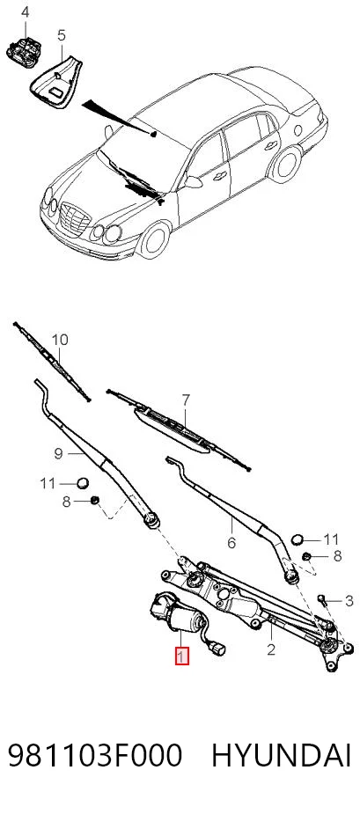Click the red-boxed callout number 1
point(181,656)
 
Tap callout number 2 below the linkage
point(270,649)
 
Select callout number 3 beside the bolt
point(349,601)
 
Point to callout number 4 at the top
point(25,12)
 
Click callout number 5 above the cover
point(62,36)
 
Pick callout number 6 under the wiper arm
point(231,543)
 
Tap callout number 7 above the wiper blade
point(186,400)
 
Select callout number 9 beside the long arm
point(58,454)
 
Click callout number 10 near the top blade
point(60,340)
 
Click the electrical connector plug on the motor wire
point(218,649)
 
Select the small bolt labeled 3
point(325,601)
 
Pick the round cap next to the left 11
point(83,483)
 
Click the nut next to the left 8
point(94,501)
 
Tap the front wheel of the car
point(154,240)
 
